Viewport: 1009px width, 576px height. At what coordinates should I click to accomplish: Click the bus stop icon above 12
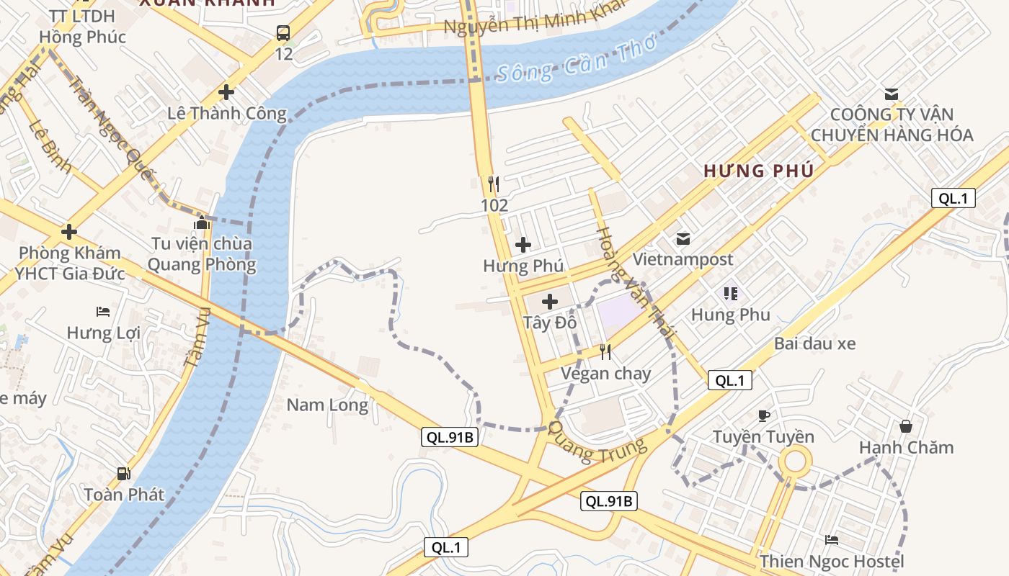point(283,32)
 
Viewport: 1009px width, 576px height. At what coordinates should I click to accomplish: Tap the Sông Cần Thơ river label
point(577,60)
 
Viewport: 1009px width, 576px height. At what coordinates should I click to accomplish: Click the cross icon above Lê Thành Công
point(226,92)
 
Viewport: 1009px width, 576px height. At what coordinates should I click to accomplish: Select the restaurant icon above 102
point(494,184)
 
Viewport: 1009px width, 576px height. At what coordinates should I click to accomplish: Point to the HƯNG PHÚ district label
point(759,171)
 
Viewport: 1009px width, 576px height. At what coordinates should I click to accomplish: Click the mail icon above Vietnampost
point(683,238)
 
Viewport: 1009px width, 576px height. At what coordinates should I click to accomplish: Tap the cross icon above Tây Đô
point(550,301)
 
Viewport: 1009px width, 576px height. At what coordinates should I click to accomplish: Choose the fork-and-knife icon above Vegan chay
point(605,351)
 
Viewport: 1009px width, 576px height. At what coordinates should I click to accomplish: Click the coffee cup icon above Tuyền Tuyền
point(764,415)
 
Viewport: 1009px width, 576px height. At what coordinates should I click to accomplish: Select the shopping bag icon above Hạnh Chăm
point(906,426)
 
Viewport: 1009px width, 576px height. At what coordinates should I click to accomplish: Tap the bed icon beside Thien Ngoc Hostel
point(832,540)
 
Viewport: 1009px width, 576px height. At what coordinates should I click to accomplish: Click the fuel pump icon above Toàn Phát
point(124,473)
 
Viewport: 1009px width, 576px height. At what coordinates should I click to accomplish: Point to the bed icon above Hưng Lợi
point(103,312)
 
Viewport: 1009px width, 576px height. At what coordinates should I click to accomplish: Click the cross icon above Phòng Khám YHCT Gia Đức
point(69,232)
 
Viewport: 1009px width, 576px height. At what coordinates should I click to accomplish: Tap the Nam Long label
point(327,405)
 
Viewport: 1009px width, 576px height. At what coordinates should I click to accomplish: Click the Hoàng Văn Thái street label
point(636,284)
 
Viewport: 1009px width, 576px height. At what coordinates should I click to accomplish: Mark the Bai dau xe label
point(815,343)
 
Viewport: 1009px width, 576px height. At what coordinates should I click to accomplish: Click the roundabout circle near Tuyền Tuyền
point(794,460)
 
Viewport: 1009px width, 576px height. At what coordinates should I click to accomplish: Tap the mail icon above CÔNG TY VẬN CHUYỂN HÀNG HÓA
point(892,94)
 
